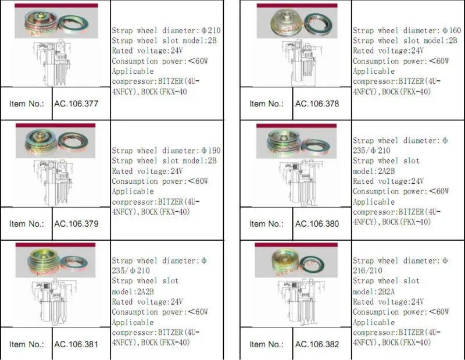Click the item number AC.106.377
click(x=76, y=104)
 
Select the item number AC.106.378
click(x=317, y=104)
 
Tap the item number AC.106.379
click(x=76, y=224)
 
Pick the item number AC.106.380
click(x=317, y=224)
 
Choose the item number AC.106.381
click(x=76, y=344)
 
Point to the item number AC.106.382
click(x=317, y=344)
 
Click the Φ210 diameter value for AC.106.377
click(x=211, y=30)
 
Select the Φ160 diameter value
click(x=452, y=30)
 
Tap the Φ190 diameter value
click(x=211, y=151)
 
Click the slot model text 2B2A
click(x=387, y=292)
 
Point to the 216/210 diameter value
click(x=367, y=270)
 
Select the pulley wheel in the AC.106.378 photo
click(x=287, y=21)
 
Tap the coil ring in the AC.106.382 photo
click(x=312, y=265)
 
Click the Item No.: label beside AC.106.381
click(x=26, y=344)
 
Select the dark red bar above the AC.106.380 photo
click(x=296, y=126)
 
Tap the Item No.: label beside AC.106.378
click(x=267, y=104)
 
